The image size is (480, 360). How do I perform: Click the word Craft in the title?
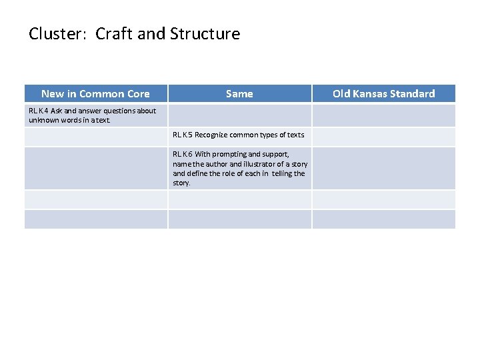click(x=114, y=34)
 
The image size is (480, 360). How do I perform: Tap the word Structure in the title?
click(x=205, y=34)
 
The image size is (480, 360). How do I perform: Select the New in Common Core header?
click(x=95, y=94)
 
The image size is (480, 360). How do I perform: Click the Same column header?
click(x=239, y=94)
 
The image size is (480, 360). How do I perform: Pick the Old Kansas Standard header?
click(x=384, y=94)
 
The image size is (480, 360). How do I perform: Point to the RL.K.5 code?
click(x=183, y=135)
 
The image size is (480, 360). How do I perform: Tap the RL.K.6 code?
click(x=183, y=154)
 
